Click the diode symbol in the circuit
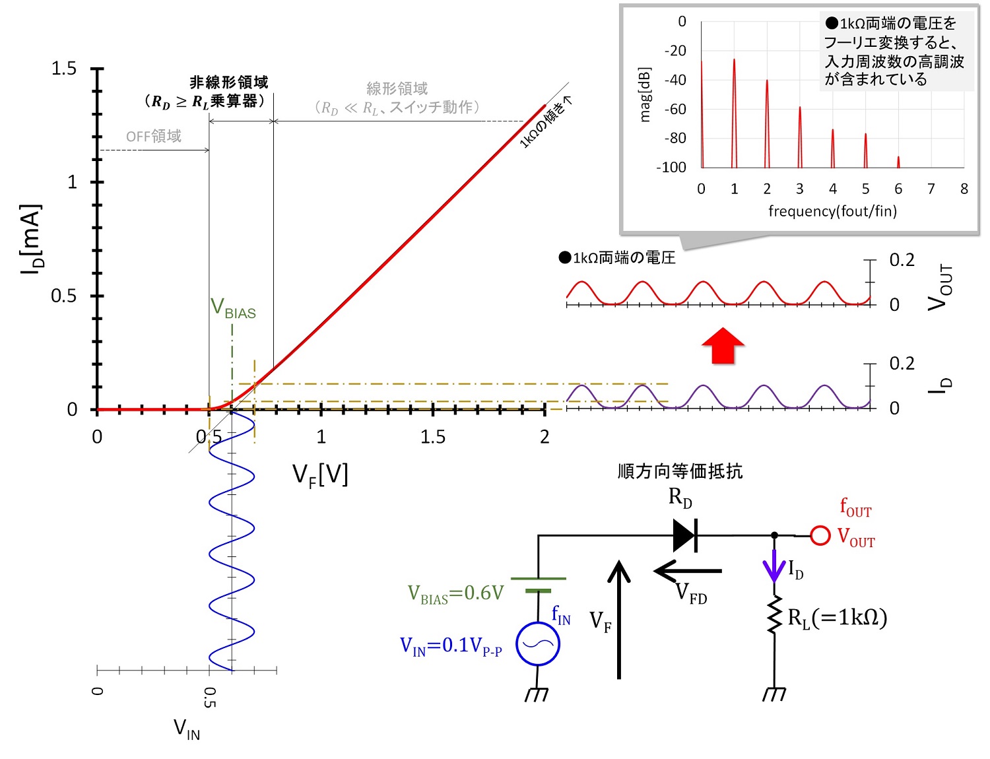(685, 535)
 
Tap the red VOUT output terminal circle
(820, 535)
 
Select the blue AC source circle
(538, 643)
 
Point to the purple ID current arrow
(774, 566)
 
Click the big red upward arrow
(723, 346)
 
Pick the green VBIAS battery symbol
(538, 585)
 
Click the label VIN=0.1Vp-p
(451, 646)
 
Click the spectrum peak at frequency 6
(898, 162)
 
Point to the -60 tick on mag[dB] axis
(675, 110)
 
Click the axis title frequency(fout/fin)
(832, 211)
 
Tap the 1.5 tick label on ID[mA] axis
(64, 69)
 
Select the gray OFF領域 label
(154, 136)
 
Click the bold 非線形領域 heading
(229, 82)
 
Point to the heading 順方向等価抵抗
(680, 471)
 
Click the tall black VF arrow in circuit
(618, 620)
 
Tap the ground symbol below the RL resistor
(774, 694)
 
